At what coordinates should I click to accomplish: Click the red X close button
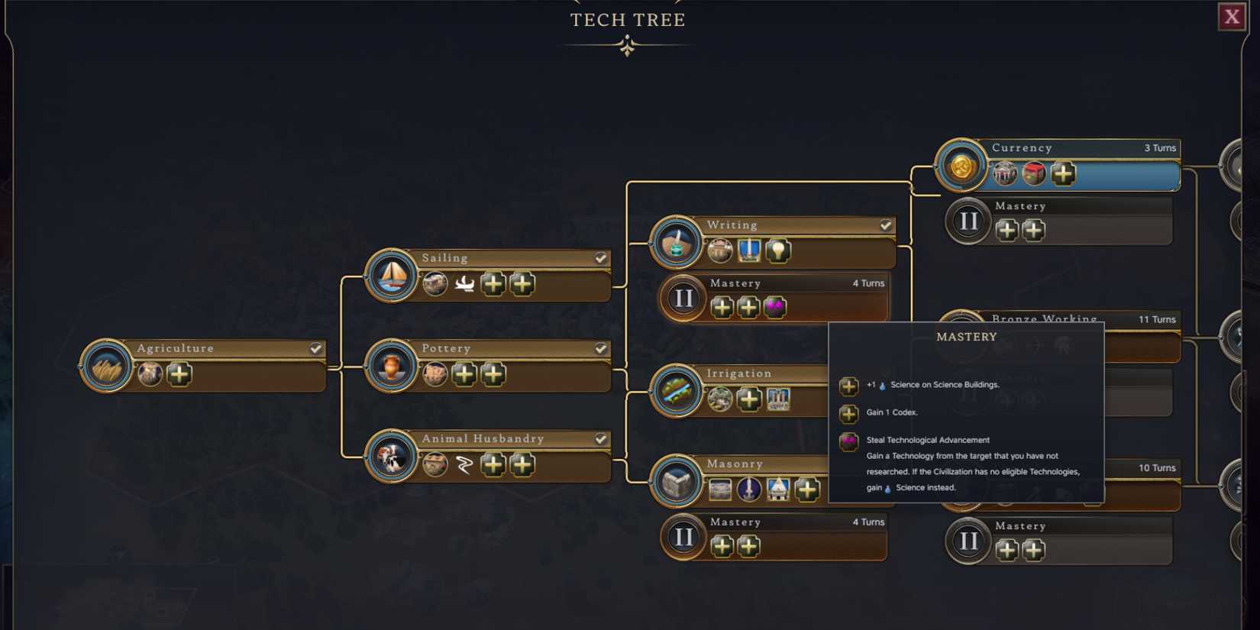[x=1231, y=17]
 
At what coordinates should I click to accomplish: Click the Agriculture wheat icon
[x=106, y=367]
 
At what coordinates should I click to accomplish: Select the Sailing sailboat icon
[x=392, y=276]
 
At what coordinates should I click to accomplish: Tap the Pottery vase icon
[x=392, y=367]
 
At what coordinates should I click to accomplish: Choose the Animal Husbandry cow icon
[x=392, y=457]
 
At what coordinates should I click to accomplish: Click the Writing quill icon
[x=677, y=243]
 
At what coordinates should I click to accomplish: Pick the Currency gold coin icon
[x=961, y=166]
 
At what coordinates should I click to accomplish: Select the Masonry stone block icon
[x=677, y=481]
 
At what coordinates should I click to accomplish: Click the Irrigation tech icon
[x=677, y=391]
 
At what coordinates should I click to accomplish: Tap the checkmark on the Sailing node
[x=601, y=258]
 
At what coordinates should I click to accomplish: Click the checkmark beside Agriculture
[x=315, y=348]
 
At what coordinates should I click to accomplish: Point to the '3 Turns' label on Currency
[x=1159, y=148]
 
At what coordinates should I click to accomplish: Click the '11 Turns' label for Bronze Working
[x=1156, y=319]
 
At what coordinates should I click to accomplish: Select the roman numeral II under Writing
[x=683, y=299]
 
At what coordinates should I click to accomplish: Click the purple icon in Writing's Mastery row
[x=775, y=307]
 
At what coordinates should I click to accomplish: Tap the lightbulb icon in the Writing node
[x=778, y=250]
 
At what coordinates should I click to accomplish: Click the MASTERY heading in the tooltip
[x=966, y=337]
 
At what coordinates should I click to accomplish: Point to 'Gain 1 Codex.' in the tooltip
[x=892, y=412]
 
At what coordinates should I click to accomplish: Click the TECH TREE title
[x=628, y=20]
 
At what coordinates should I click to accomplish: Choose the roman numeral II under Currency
[x=968, y=222]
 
